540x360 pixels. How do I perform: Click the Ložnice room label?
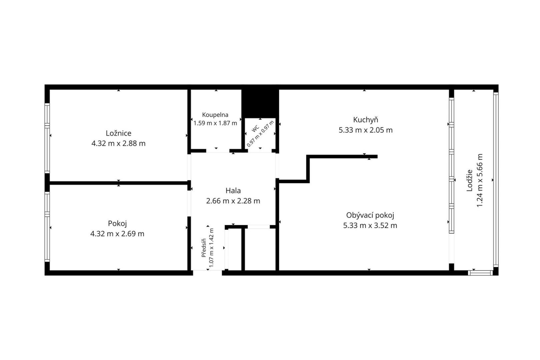point(118,133)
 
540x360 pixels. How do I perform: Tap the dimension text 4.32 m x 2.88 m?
point(118,143)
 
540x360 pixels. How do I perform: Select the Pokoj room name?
point(117,224)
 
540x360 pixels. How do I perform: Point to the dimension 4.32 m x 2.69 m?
point(117,234)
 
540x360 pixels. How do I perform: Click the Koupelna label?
point(215,115)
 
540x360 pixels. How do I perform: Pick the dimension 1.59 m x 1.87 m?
point(215,123)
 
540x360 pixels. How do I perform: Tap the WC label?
point(255,129)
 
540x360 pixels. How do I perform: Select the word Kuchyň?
point(365,120)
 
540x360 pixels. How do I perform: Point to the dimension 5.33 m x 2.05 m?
point(365,130)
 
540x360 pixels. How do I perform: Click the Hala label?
point(233,191)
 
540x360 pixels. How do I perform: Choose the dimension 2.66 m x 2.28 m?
point(233,201)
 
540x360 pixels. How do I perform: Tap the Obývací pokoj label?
point(370,215)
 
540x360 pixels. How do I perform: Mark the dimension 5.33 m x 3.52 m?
point(370,226)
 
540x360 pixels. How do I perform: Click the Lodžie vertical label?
point(469,181)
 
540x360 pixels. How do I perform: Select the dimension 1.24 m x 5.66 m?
point(480,180)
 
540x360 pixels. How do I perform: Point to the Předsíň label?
point(204,248)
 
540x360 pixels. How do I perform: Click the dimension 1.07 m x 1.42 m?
point(211,247)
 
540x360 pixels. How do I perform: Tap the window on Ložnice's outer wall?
point(47,138)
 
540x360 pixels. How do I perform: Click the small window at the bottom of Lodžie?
point(480,273)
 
